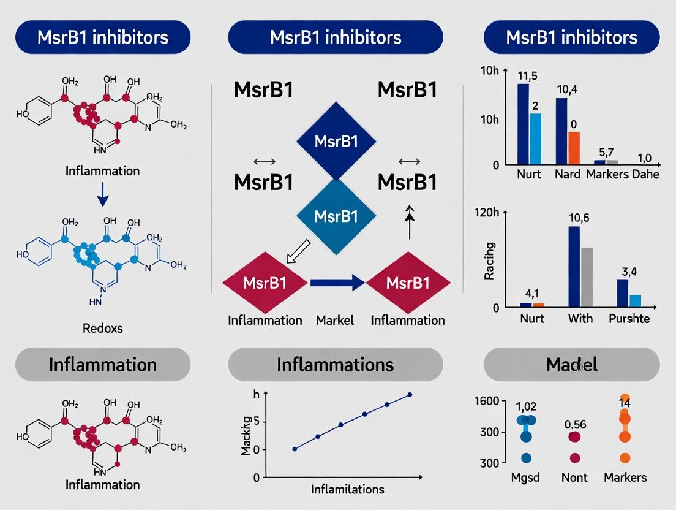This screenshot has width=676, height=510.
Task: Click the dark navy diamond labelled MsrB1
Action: [336, 141]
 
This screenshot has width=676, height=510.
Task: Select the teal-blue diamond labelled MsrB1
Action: [336, 216]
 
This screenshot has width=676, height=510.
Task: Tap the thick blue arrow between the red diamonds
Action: [337, 283]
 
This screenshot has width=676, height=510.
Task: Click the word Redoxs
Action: [102, 328]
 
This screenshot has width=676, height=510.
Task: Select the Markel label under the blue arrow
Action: [335, 320]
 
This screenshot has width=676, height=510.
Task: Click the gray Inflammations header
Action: [335, 365]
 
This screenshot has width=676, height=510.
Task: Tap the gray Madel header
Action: [571, 365]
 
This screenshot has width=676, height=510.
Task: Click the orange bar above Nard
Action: [574, 148]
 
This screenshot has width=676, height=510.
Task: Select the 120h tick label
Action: [487, 213]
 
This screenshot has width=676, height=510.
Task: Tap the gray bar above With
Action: [587, 276]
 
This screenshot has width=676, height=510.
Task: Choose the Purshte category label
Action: [629, 319]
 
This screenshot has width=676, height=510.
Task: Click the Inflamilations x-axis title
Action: [347, 489]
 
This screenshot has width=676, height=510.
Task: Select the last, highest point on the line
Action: [410, 395]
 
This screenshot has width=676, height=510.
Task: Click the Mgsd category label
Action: [525, 478]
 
